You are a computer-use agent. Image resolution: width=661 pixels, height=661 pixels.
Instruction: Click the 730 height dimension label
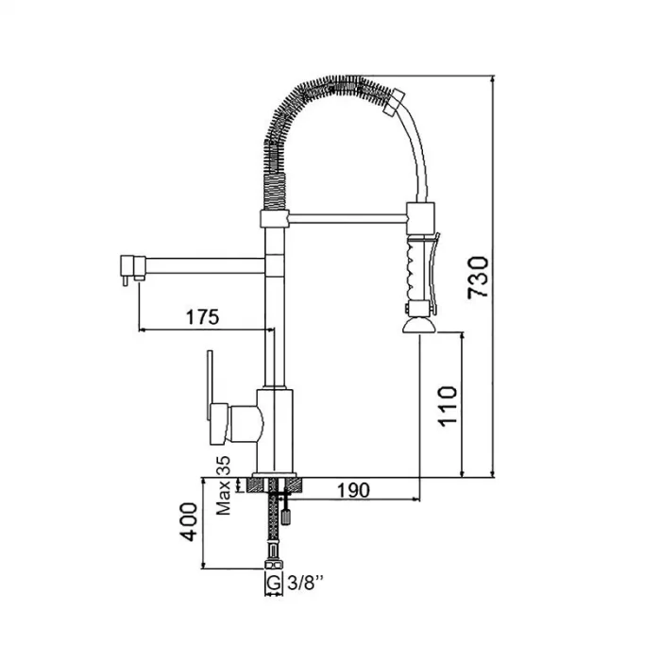click(478, 278)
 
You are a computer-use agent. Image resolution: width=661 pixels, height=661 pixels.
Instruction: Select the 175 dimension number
click(203, 316)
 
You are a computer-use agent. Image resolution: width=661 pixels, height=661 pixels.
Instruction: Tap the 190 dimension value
click(354, 490)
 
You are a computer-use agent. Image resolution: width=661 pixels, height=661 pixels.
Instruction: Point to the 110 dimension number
click(448, 406)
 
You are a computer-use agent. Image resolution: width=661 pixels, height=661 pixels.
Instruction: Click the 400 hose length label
click(189, 521)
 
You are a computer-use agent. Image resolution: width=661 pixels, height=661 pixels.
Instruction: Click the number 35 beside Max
click(224, 466)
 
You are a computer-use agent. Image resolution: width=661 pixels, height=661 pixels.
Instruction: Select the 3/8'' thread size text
click(306, 583)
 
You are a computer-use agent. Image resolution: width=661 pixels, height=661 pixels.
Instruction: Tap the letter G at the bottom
click(274, 583)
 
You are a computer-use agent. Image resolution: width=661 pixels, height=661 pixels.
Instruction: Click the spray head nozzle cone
click(419, 326)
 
